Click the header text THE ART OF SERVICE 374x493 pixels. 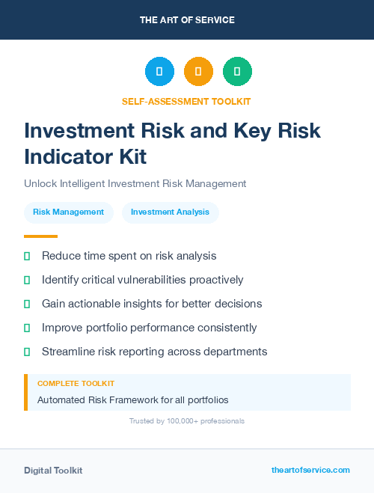pos(187,20)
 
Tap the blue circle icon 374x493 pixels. pos(159,72)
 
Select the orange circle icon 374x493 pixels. pos(198,72)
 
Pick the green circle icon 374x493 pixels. pos(237,72)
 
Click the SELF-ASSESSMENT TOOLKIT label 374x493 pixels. pos(186,101)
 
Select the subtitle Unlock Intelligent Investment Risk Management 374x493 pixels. pos(135,183)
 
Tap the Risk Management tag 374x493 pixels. pos(68,212)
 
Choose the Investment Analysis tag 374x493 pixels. pos(170,212)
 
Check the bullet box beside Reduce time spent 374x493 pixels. pos(27,257)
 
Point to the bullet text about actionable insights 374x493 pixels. pos(152,304)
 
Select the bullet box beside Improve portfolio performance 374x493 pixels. pos(27,328)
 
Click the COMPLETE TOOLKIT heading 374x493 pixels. pos(76,383)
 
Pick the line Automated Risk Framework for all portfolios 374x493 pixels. pos(132,400)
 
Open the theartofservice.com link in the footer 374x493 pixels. pos(310,470)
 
